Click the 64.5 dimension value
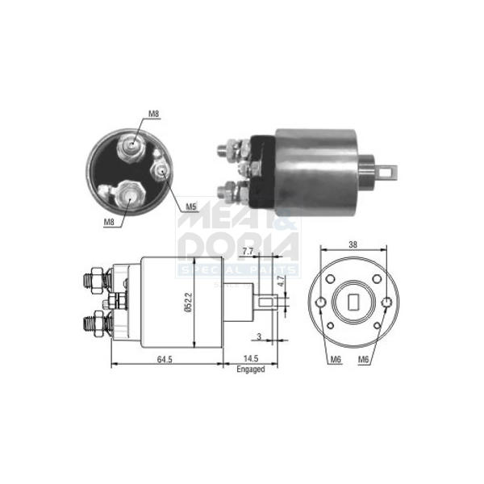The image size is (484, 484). click(x=165, y=359)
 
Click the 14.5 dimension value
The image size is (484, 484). click(x=251, y=359)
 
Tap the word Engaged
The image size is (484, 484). click(x=251, y=369)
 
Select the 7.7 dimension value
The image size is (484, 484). click(x=248, y=252)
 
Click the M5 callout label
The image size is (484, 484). click(x=190, y=207)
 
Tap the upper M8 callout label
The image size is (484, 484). click(x=153, y=114)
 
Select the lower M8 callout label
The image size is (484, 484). click(x=109, y=222)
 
